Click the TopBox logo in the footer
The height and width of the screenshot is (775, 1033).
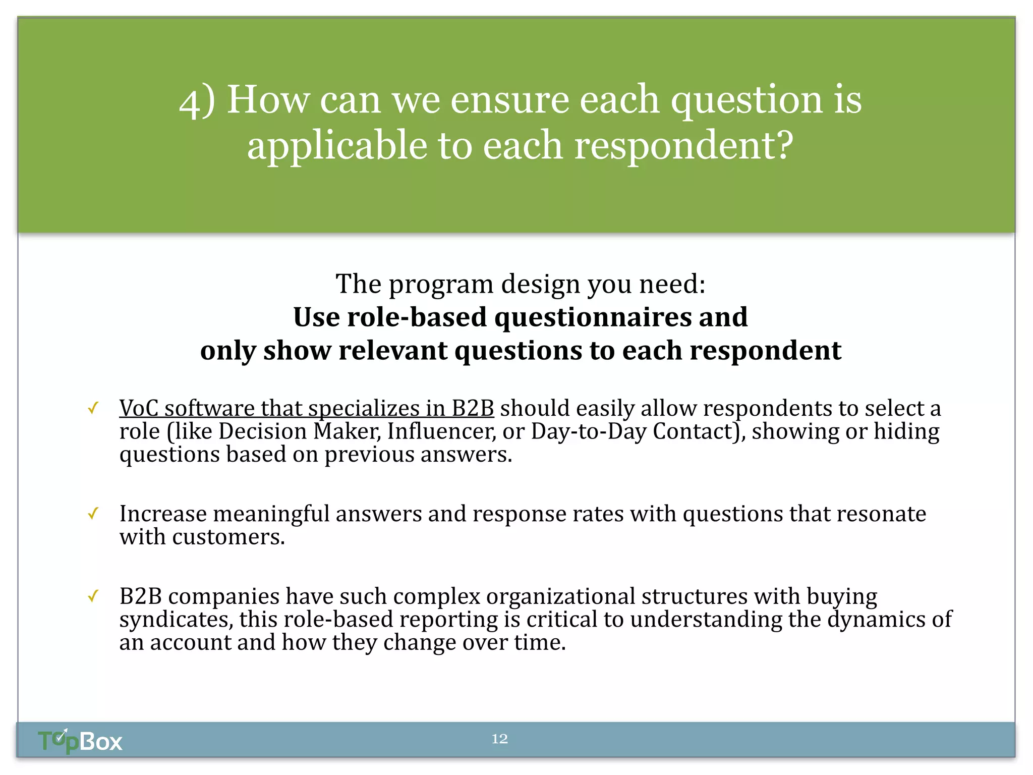(x=80, y=741)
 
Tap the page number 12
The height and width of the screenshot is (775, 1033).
(x=499, y=739)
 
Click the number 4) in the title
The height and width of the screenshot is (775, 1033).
(x=197, y=101)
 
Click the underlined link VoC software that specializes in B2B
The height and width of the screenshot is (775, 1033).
(x=306, y=408)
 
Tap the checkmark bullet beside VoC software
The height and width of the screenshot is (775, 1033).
(x=93, y=408)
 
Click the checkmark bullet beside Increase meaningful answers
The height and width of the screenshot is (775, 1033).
(x=93, y=514)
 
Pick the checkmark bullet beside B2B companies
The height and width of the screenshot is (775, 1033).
(x=93, y=596)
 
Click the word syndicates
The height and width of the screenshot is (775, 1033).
(x=176, y=620)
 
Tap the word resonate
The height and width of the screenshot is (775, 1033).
(x=881, y=514)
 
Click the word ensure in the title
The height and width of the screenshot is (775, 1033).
(x=510, y=100)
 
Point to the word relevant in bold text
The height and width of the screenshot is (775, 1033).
(x=393, y=351)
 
